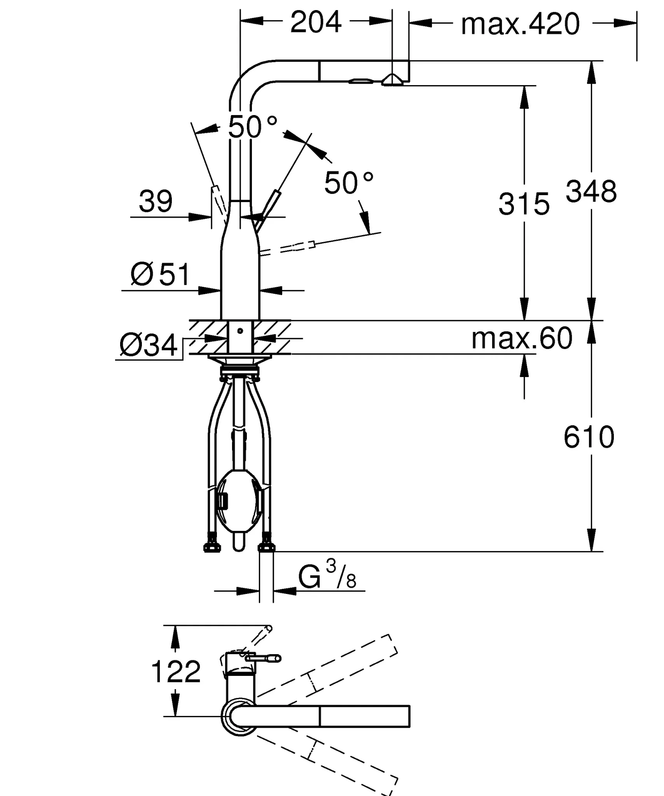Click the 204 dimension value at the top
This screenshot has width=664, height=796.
point(316,23)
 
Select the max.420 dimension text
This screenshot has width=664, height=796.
point(520,24)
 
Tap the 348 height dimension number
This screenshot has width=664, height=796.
point(591,192)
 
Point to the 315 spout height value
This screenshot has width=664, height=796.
point(524,204)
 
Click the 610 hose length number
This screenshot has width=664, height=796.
point(589,437)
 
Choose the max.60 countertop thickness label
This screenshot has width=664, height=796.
point(522,338)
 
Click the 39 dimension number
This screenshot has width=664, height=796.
point(156,201)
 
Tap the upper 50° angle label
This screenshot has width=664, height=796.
point(253,127)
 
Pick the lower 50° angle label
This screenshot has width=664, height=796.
point(349,183)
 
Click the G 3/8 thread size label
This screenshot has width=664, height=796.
point(327,577)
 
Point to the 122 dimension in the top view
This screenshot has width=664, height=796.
point(176,672)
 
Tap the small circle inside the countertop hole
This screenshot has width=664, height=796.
point(240,331)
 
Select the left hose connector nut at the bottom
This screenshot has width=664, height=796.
point(212,546)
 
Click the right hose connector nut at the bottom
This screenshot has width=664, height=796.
point(267,546)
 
